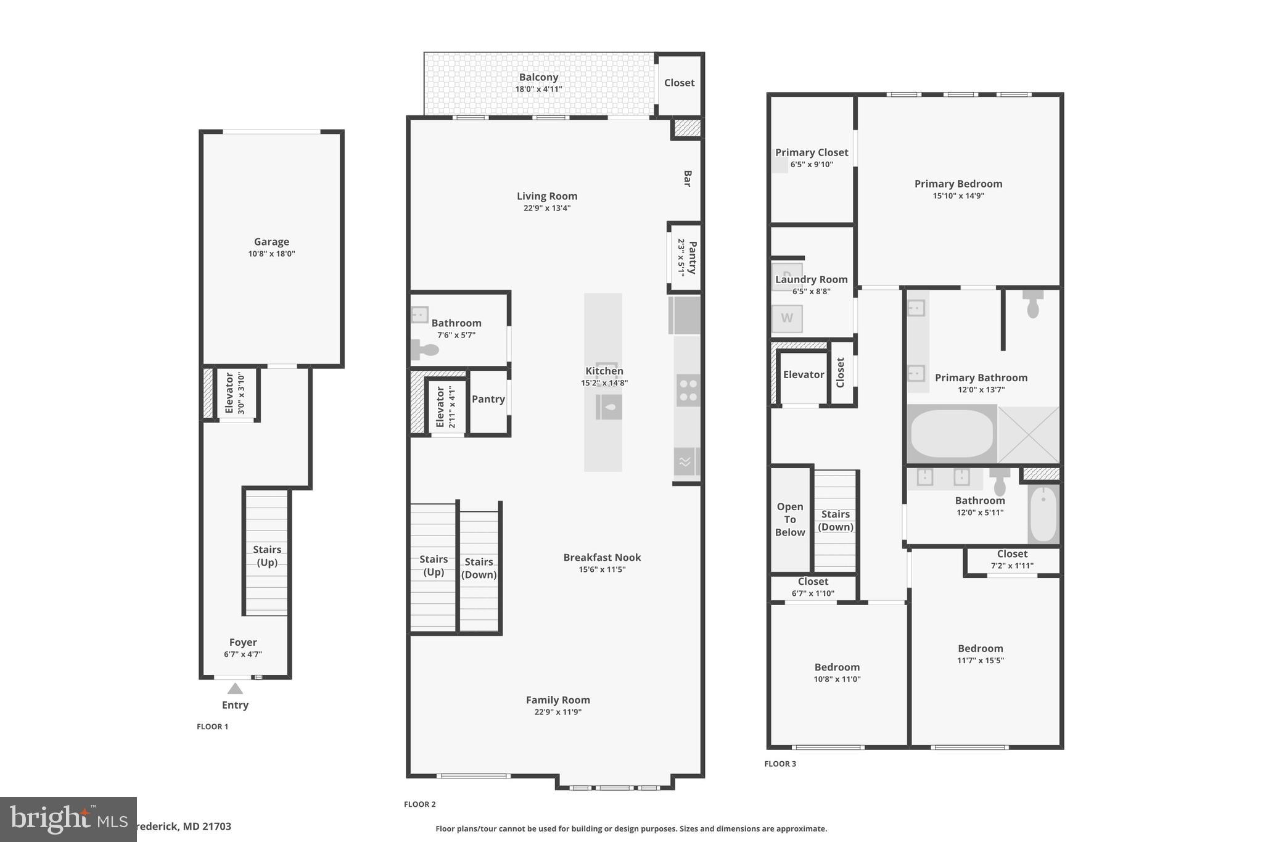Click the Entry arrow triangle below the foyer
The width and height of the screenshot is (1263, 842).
[x=235, y=688]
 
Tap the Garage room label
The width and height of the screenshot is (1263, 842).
[x=271, y=242]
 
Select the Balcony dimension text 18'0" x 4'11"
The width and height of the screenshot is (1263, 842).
[x=538, y=89]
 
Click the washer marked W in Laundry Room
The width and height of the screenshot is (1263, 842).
[x=787, y=318]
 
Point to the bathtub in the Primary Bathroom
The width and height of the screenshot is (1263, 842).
[x=952, y=434]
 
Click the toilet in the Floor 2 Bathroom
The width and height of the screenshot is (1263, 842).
[x=424, y=350]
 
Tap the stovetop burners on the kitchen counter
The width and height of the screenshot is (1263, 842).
[x=688, y=390]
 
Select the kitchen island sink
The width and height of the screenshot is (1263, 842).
[x=609, y=407]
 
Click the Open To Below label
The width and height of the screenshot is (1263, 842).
[x=790, y=519]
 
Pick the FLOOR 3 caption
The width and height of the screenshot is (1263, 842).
[x=780, y=764]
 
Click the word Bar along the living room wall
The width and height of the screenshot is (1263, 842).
[x=687, y=178]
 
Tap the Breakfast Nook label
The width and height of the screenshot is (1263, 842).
[x=602, y=558]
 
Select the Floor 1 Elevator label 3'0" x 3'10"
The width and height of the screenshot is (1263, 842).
[x=235, y=393]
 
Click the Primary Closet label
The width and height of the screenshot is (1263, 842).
[x=812, y=152]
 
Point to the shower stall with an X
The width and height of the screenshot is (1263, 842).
[x=1028, y=435]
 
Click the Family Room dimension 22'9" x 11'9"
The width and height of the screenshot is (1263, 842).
[x=557, y=712]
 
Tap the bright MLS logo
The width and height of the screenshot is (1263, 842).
[x=68, y=819]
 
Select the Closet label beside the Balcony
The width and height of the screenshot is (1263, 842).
[x=679, y=83]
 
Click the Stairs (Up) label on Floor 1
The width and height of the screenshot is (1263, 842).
[x=267, y=556]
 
